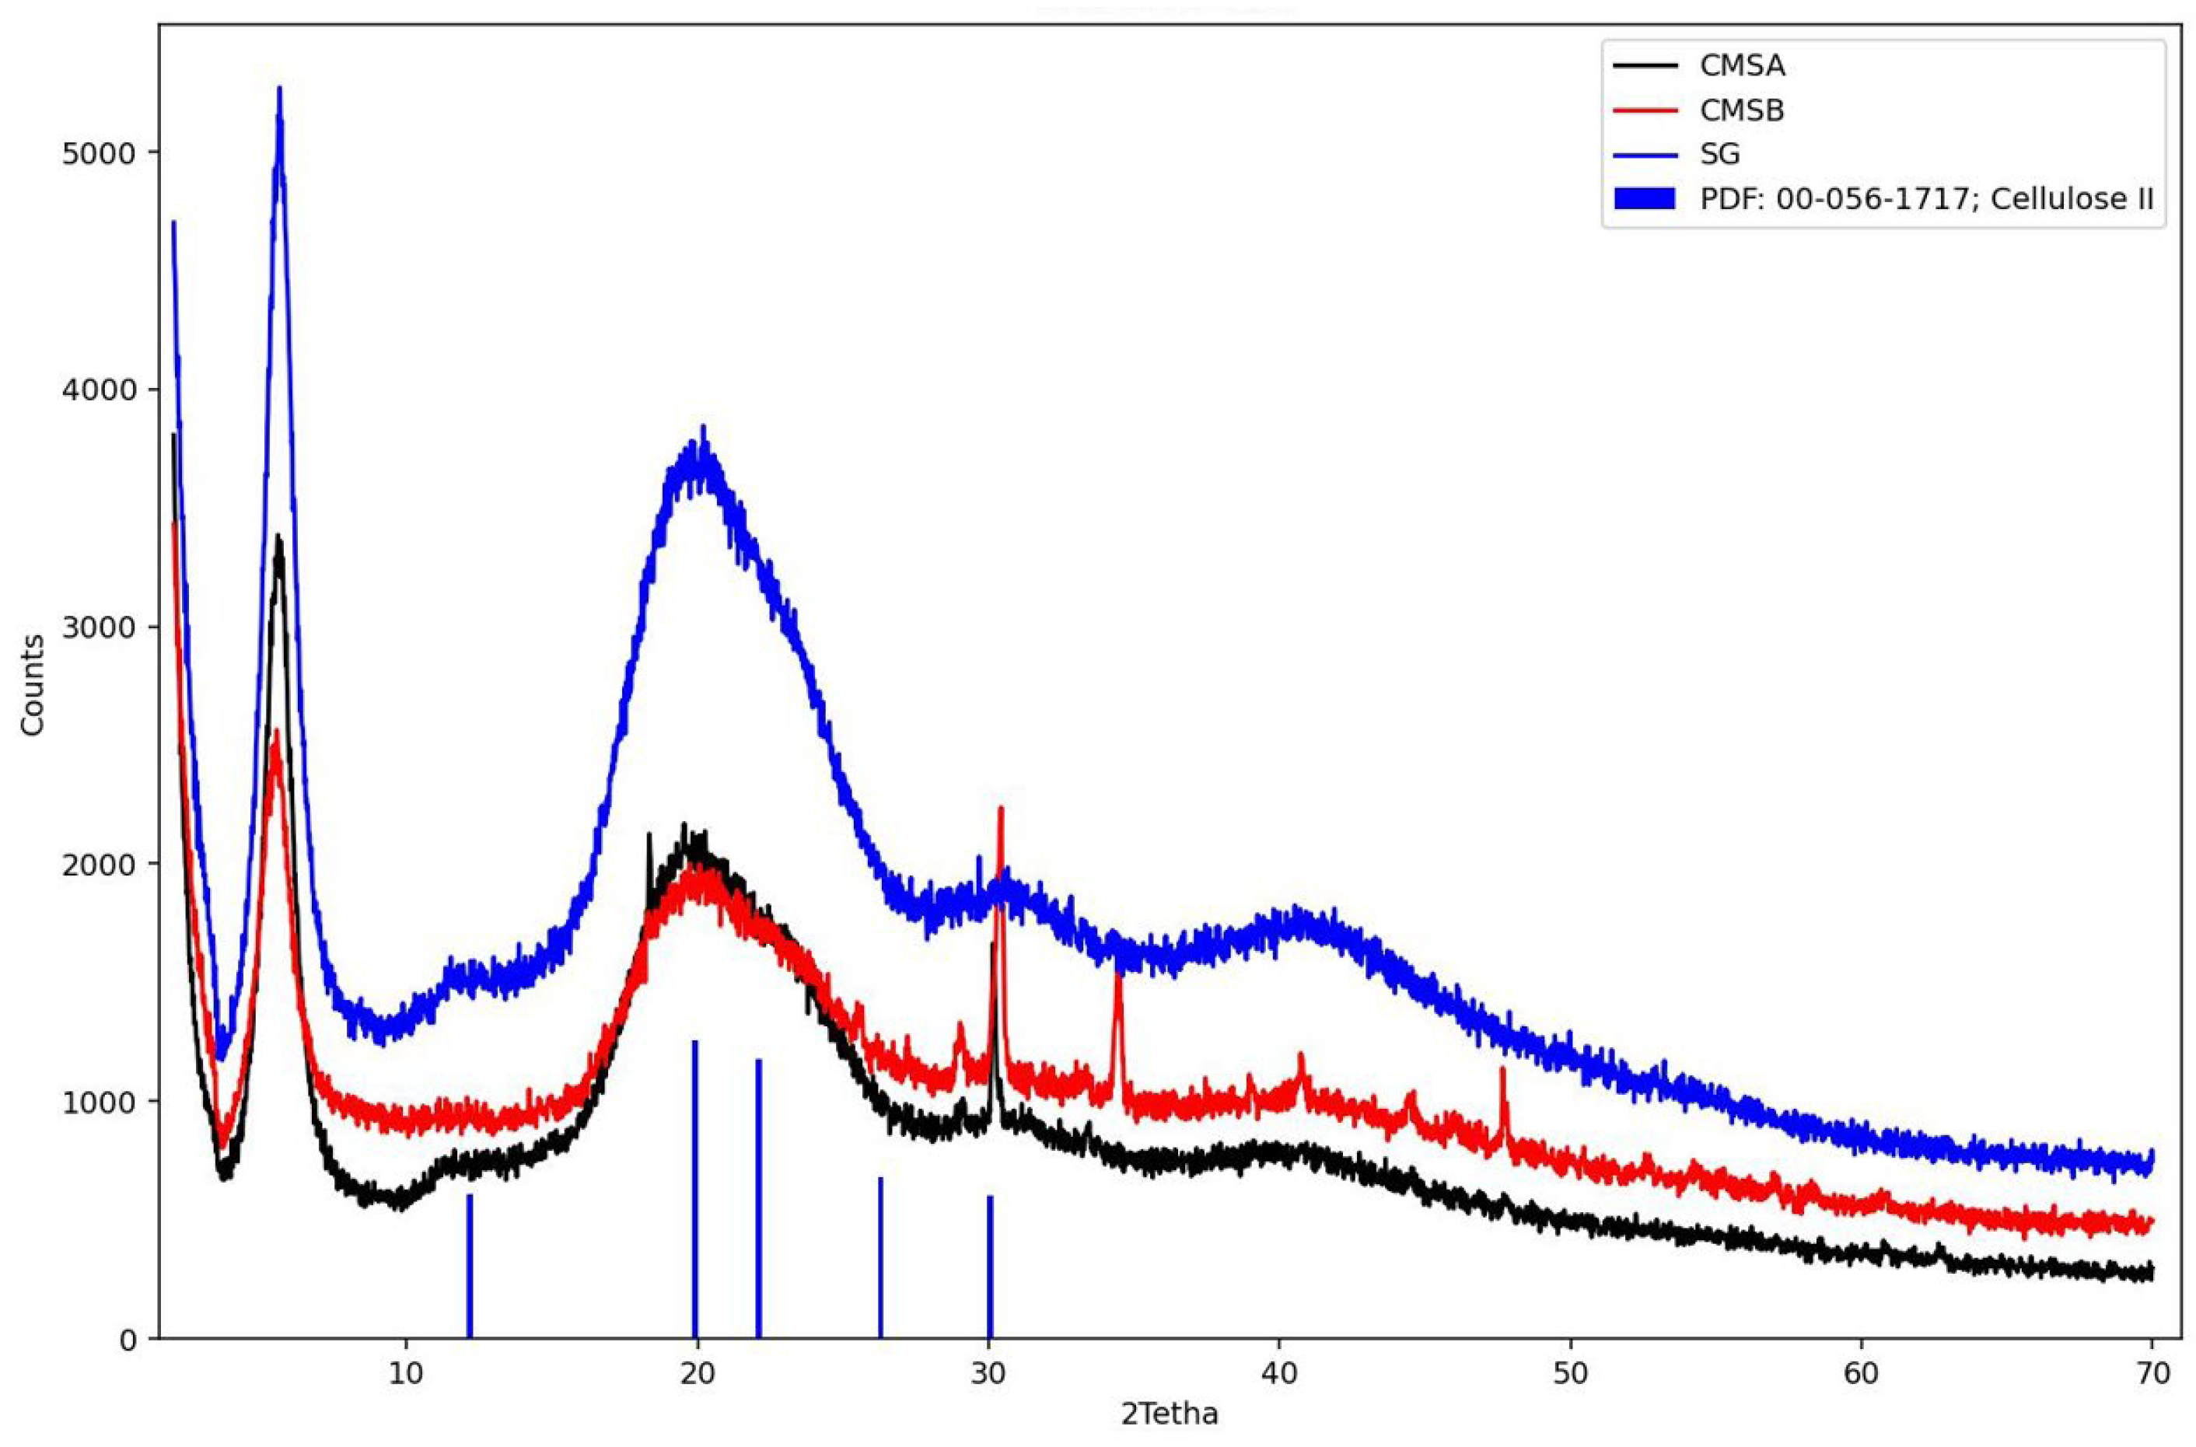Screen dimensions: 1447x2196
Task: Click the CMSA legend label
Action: pos(1742,66)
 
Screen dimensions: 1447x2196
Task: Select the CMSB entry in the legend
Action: pos(1742,110)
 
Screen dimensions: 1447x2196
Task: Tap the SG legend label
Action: pos(1720,154)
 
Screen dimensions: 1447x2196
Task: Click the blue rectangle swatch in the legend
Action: pos(1644,199)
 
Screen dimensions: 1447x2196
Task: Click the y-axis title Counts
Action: pos(33,685)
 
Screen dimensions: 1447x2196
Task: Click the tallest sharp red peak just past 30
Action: pos(1000,810)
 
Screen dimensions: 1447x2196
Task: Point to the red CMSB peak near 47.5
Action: pos(1502,1071)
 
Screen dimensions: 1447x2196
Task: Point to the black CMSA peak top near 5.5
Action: pos(278,537)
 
